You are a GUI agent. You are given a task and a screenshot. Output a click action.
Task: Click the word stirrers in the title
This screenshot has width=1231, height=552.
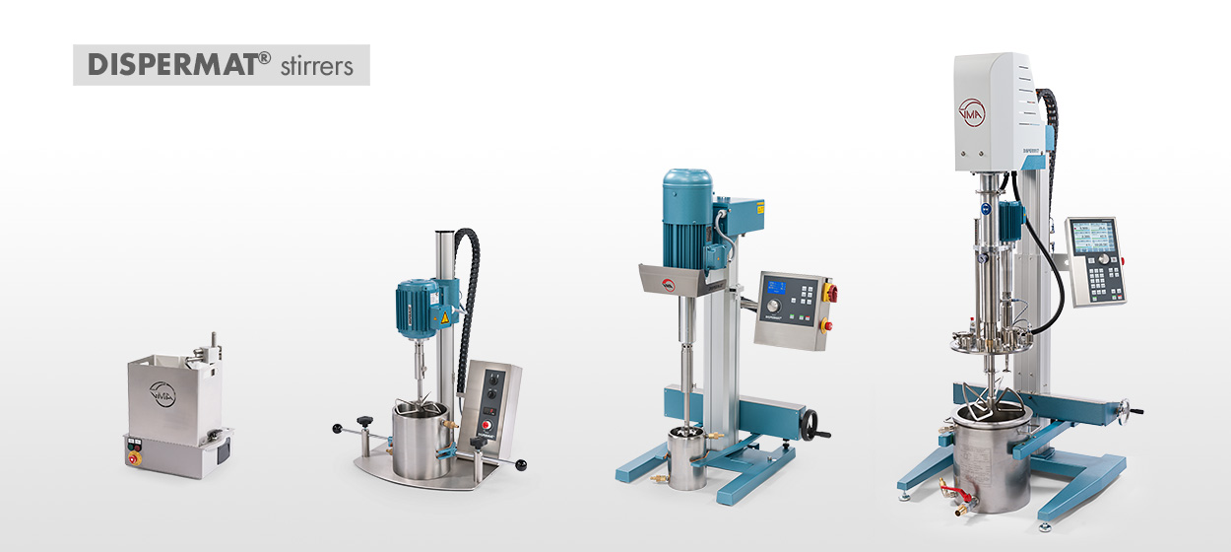click(x=318, y=66)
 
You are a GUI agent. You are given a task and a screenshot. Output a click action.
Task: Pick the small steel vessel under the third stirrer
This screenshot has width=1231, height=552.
click(x=686, y=459)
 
